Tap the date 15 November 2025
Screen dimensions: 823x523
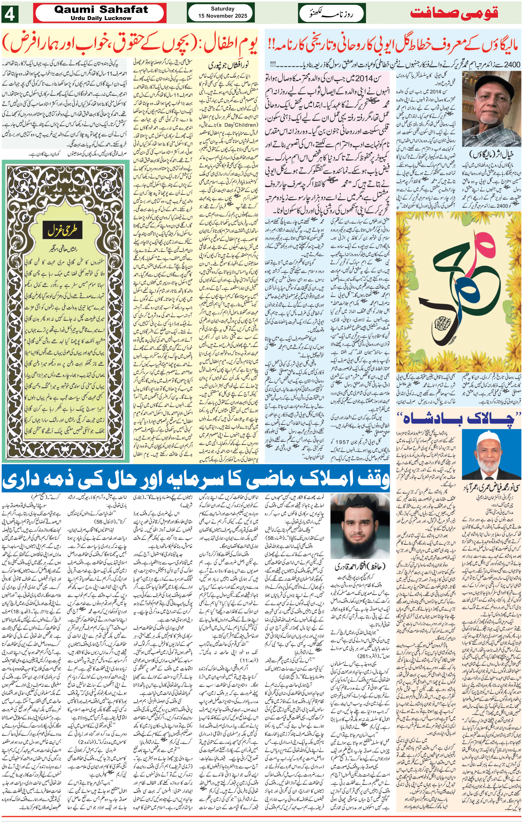tap(222, 16)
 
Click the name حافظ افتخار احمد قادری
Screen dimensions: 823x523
tap(359, 566)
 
